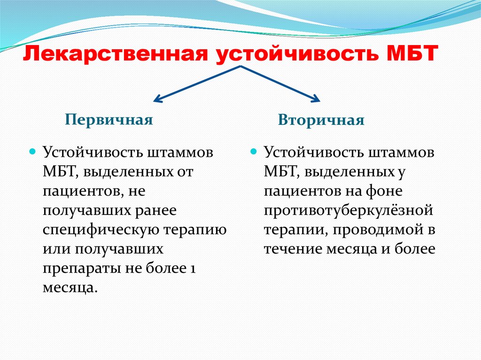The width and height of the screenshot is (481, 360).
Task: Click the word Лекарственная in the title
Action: point(116,54)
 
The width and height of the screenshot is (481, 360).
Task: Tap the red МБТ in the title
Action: point(411,54)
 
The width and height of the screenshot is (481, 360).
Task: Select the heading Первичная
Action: point(109,120)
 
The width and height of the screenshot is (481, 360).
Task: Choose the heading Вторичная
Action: point(321,120)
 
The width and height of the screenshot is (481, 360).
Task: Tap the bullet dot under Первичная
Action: point(32,152)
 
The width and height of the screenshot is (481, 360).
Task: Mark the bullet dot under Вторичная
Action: point(253,152)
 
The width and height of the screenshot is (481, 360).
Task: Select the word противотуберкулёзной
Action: point(349,211)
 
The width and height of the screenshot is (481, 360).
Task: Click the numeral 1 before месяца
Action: point(193,268)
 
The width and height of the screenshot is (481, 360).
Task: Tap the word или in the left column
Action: point(57,249)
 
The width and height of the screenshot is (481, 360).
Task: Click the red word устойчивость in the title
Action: point(297,54)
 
